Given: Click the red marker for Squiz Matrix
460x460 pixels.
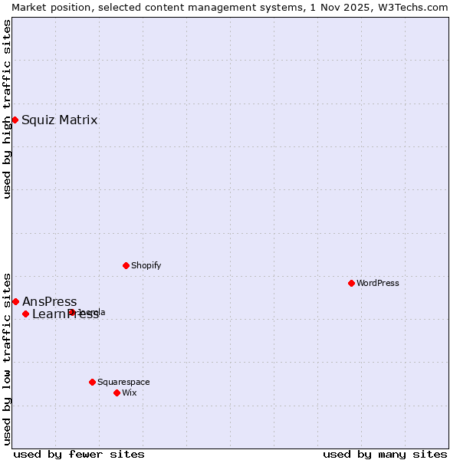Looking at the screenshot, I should [15, 120].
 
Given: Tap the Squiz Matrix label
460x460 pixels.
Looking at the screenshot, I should [59, 120].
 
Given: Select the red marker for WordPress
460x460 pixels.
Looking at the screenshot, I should [351, 283].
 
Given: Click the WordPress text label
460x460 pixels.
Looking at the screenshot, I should [377, 283].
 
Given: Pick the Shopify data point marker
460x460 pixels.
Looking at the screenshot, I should [126, 265].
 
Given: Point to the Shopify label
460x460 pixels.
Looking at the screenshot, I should [146, 265].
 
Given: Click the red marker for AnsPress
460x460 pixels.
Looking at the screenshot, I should [15, 301].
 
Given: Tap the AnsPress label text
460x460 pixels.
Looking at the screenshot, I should [49, 301].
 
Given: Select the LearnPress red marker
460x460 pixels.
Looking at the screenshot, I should [25, 314].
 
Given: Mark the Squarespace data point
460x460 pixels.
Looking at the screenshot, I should [92, 382].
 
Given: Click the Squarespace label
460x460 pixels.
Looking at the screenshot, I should [123, 382].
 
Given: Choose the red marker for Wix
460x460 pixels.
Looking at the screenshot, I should [117, 393].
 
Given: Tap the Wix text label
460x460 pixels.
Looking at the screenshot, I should [130, 393].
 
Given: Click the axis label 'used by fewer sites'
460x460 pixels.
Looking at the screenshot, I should [79, 454].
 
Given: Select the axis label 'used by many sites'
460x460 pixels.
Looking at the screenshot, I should [385, 454].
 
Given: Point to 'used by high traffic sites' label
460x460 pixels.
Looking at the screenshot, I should [7, 109].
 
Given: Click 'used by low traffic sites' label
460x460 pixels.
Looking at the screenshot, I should [7, 358].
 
